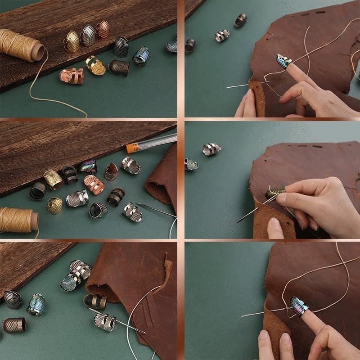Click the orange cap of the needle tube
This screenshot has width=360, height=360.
tap(131, 148)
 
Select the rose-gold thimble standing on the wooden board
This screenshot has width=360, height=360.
tap(102, 29)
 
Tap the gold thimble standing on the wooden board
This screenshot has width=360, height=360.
tap(72, 41)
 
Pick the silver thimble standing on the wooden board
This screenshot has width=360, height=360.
tap(87, 35)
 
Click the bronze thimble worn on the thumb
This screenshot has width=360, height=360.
tap(274, 192)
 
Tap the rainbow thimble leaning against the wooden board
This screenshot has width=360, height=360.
tap(88, 166)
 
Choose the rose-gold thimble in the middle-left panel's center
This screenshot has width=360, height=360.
tap(94, 184)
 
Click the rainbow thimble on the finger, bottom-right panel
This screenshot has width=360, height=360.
tap(299, 306)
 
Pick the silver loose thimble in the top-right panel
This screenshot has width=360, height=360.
tap(222, 35)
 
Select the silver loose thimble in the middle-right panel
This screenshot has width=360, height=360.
tap(211, 149)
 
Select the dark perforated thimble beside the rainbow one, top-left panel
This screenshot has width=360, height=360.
tap(121, 46)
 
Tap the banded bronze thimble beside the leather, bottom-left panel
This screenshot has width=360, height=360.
tap(95, 301)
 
